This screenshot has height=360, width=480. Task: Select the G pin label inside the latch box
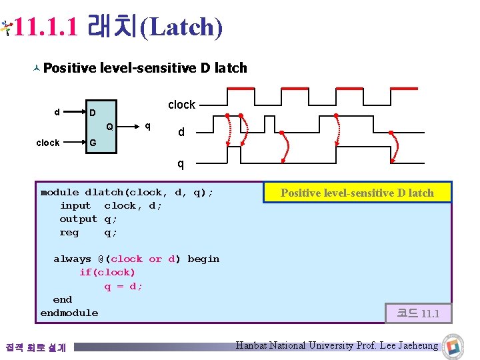coord(93,143)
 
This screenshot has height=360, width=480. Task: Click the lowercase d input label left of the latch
coord(57,111)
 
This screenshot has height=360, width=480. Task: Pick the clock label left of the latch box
coord(48,143)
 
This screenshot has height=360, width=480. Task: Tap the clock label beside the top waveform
coord(181,105)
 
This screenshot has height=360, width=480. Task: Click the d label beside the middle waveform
coord(181,133)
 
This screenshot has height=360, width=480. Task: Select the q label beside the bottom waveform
coord(181,163)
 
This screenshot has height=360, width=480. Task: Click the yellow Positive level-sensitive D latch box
coord(357,193)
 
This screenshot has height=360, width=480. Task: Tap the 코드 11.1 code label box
coord(418,313)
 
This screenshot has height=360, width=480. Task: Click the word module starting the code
coord(59,192)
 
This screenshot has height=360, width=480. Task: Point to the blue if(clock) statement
coord(107,272)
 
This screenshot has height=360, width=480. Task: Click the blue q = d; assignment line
coord(123,286)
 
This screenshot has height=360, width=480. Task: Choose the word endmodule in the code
coord(69,313)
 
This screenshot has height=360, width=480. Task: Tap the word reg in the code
coord(69,232)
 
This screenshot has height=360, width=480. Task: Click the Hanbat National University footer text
coord(337,345)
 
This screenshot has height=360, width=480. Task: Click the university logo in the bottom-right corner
coord(453,345)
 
